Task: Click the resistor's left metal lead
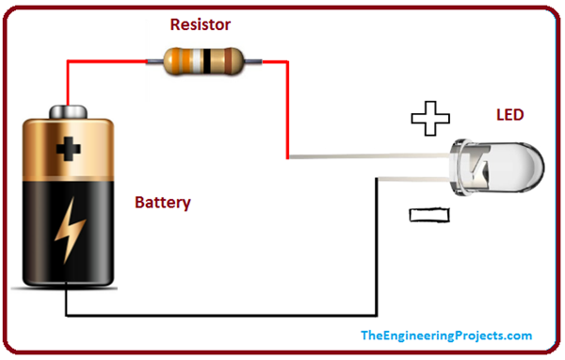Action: coord(153,61)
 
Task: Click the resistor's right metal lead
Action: coord(251,61)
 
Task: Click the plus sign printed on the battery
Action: coord(67,148)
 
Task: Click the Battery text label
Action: coord(162,202)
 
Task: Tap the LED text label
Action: coord(509,116)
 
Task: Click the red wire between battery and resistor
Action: coord(68,80)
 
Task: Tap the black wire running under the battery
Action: coord(217,315)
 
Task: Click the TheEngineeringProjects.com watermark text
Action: coord(446,335)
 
